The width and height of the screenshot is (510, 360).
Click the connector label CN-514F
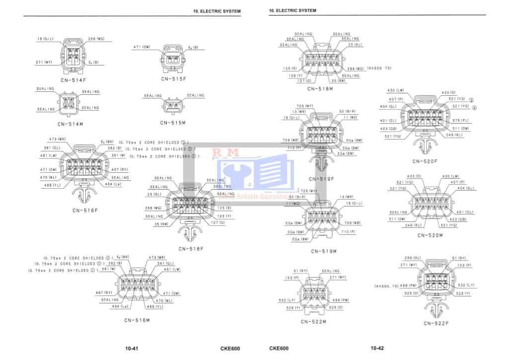point(73,79)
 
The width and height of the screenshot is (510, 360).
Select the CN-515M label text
point(173,123)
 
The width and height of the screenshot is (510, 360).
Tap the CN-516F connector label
point(85,210)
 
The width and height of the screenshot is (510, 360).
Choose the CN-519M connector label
point(324,251)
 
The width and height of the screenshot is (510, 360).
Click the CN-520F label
point(425,161)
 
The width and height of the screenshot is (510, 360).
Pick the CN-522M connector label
point(313,322)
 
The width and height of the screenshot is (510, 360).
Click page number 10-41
point(132,349)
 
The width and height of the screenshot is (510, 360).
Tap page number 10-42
point(377,348)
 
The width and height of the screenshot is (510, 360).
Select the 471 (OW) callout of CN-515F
point(142,47)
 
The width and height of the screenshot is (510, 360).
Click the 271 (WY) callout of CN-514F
point(44,63)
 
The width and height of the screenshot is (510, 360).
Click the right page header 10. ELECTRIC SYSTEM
point(292,10)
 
